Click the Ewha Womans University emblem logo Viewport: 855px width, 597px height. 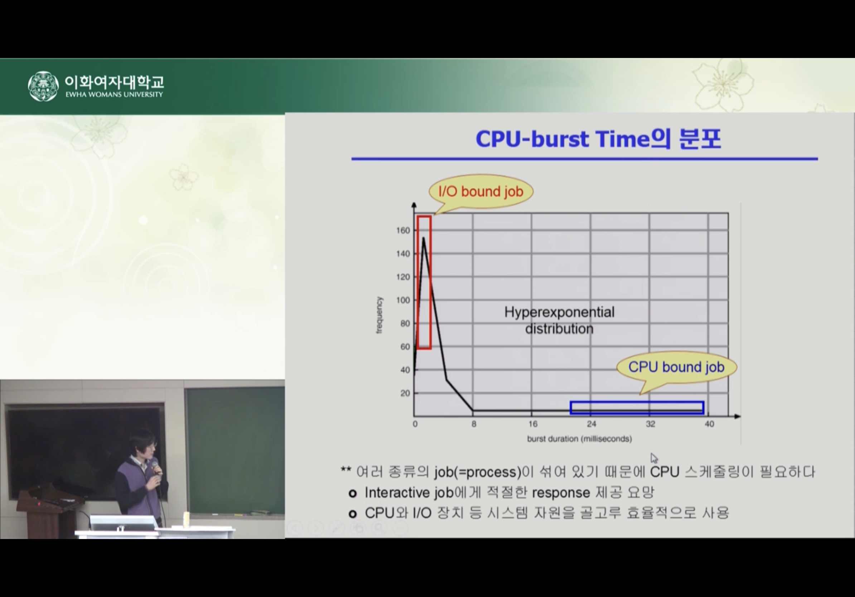pyautogui.click(x=43, y=86)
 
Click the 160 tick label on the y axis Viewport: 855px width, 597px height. pyautogui.click(x=403, y=230)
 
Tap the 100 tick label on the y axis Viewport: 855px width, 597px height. pyautogui.click(x=403, y=300)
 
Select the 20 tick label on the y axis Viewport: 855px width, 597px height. pyautogui.click(x=405, y=393)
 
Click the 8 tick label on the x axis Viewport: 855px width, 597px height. pyautogui.click(x=474, y=424)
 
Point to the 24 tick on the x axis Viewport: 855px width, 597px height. pyautogui.click(x=591, y=424)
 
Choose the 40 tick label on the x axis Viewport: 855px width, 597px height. pyautogui.click(x=709, y=424)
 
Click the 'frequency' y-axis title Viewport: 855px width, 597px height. pyautogui.click(x=379, y=315)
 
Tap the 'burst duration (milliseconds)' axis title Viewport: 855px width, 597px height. pyautogui.click(x=579, y=439)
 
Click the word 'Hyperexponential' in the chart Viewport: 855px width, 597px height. pyautogui.click(x=559, y=312)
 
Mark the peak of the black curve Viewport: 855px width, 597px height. pyautogui.click(x=424, y=238)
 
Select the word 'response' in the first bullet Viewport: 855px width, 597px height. pyautogui.click(x=561, y=493)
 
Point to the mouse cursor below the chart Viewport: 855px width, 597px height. pyautogui.click(x=654, y=458)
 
